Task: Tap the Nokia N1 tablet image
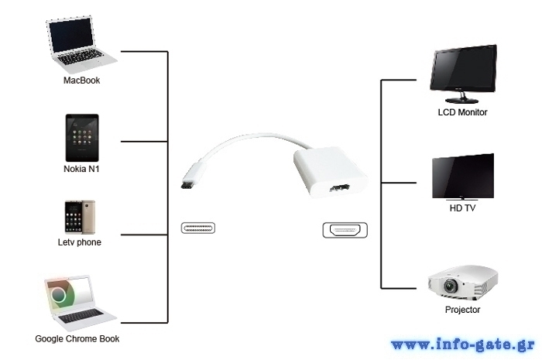click(82, 138)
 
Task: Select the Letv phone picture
click(80, 217)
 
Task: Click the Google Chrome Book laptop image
click(80, 303)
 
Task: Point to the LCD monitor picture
click(463, 74)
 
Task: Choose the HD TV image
click(463, 177)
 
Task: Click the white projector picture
click(462, 283)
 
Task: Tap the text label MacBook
click(81, 81)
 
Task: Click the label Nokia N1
click(81, 169)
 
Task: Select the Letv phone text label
click(80, 242)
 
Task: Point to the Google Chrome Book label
click(77, 339)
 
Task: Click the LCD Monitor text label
click(462, 112)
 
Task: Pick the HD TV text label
click(462, 208)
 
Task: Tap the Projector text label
click(462, 310)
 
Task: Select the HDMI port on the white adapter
click(339, 189)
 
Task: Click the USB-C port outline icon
click(198, 228)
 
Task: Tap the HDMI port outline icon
click(345, 231)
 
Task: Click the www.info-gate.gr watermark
click(463, 345)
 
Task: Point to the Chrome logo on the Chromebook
click(58, 295)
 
